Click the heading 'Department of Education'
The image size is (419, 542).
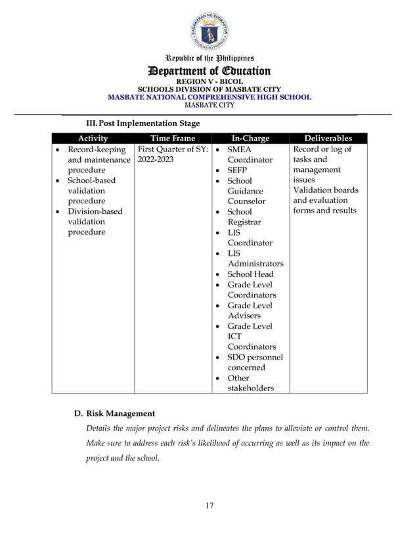[209, 71]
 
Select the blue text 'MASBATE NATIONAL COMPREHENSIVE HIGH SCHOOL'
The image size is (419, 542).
[209, 97]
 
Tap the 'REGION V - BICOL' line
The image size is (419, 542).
[209, 82]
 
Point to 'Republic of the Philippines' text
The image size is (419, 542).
[209, 58]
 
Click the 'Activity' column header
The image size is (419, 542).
[93, 138]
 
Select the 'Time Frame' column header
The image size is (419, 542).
[173, 138]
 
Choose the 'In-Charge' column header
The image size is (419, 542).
[250, 138]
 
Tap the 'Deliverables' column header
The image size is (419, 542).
[328, 138]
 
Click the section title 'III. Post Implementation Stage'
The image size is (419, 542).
[143, 123]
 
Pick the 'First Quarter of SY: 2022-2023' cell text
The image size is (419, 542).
[172, 154]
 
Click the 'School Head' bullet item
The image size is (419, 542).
[250, 274]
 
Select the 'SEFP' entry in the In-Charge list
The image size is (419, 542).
[237, 170]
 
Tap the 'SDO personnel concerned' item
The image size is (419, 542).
[255, 363]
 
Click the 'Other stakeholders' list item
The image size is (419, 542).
[250, 383]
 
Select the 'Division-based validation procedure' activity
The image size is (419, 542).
[95, 222]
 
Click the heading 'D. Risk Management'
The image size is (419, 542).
[115, 413]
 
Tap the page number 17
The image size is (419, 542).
[209, 505]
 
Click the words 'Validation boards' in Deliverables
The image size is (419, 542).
[326, 190]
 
